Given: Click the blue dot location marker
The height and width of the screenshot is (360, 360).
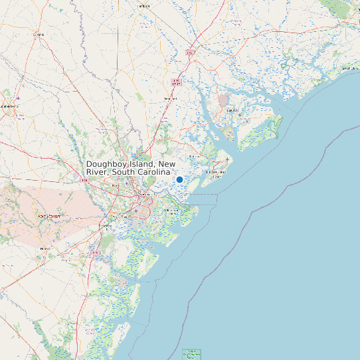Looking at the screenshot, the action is click(x=179, y=179).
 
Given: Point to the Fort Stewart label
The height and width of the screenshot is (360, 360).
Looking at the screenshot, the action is click(x=48, y=216).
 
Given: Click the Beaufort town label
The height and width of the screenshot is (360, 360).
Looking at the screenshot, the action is click(x=231, y=110).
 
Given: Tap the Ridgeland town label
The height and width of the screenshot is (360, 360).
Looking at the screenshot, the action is click(x=171, y=99).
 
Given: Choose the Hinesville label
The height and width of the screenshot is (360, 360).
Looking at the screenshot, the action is click(x=46, y=248).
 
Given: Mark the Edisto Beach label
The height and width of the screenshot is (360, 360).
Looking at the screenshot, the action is click(x=350, y=68).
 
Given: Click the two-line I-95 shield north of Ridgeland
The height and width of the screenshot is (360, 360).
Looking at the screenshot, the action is click(x=176, y=82).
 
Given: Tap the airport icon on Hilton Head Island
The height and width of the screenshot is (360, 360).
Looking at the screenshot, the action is click(x=228, y=160).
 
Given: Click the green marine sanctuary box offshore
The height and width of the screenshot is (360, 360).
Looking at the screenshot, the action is click(x=191, y=353).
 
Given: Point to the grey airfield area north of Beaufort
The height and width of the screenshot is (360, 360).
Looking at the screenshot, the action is click(x=223, y=99).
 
